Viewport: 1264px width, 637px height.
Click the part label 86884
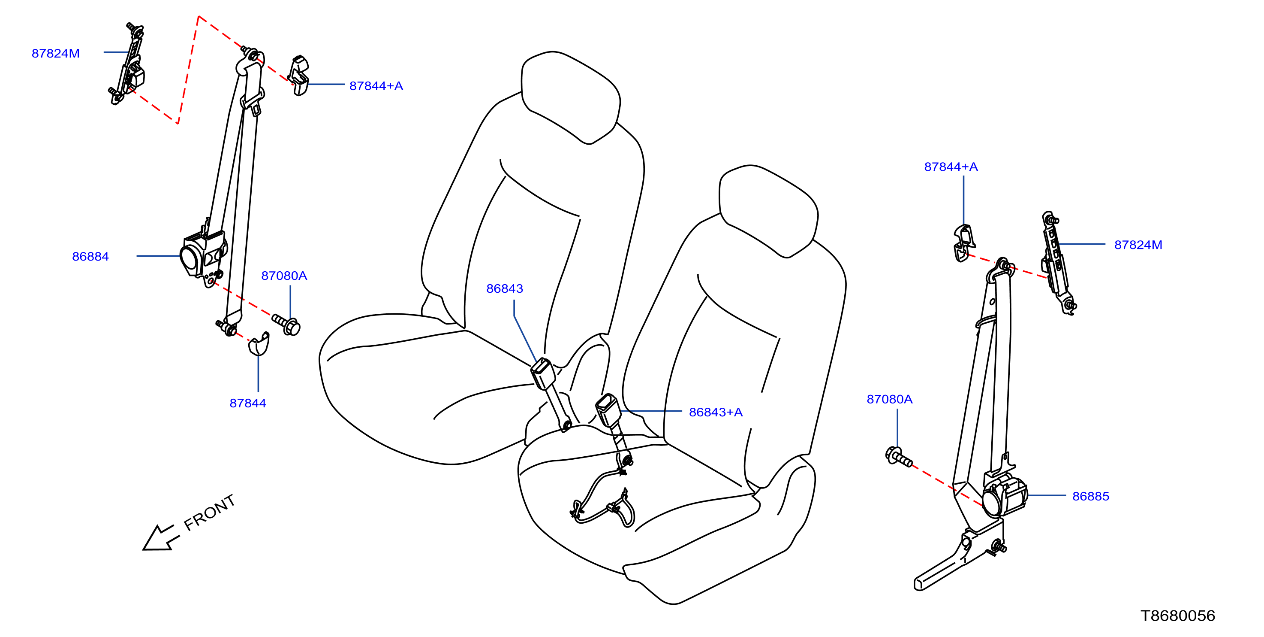(x=90, y=256)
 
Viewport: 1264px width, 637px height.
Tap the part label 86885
(x=1090, y=496)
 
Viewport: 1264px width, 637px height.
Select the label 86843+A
(x=716, y=412)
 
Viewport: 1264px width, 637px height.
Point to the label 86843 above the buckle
(x=504, y=288)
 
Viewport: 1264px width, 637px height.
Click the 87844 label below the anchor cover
(x=248, y=403)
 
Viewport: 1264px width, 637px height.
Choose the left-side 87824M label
(x=55, y=54)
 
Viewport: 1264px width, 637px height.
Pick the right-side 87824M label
(x=1138, y=245)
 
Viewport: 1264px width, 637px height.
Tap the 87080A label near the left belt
(x=284, y=276)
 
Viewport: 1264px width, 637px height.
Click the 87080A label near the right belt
(x=889, y=399)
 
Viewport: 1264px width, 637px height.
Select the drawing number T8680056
(x=1178, y=616)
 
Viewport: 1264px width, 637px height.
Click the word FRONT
(x=210, y=513)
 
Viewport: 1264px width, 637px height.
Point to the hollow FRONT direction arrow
(x=160, y=538)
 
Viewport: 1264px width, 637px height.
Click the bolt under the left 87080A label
(x=286, y=325)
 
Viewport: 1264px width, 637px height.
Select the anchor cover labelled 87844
(x=259, y=344)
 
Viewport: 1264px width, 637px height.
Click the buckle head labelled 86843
(x=543, y=374)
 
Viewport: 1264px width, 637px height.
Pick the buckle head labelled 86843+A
(x=608, y=410)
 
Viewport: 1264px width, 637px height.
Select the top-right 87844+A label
(x=951, y=167)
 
